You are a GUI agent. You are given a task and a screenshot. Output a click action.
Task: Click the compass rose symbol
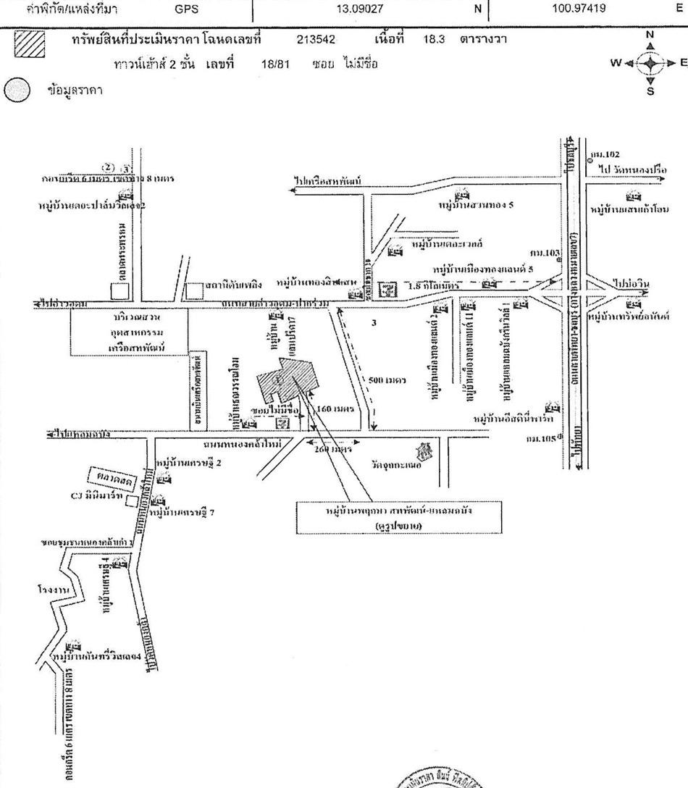tap(650, 63)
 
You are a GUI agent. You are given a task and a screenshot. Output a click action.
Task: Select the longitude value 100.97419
tap(579, 9)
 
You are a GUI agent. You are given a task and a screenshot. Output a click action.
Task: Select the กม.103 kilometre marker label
tap(545, 253)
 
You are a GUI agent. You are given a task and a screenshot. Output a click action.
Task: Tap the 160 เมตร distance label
tap(335, 409)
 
